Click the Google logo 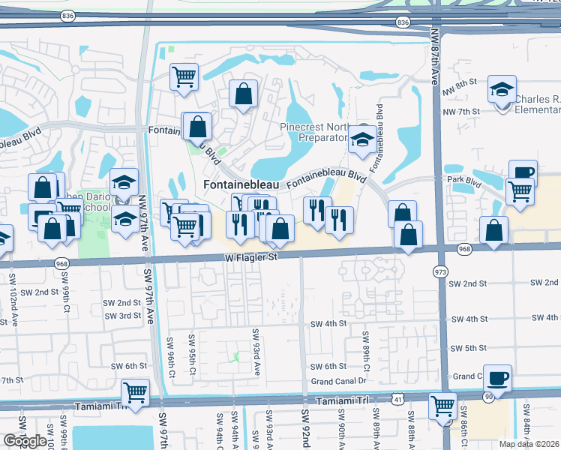tap(25, 441)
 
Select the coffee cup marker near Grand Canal tap(497, 378)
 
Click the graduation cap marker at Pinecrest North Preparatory tap(363, 141)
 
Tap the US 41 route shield tap(396, 402)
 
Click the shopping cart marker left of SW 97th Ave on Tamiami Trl tap(136, 393)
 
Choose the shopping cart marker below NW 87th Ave tap(443, 406)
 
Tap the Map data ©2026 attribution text tap(528, 444)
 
